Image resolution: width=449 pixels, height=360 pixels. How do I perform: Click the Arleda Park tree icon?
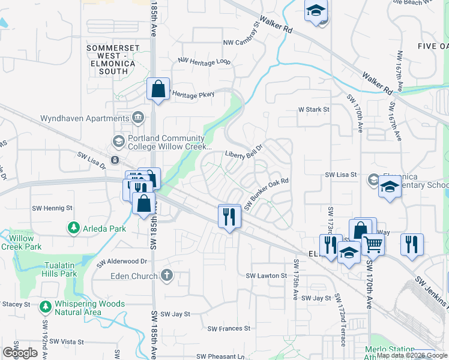pos(74,228)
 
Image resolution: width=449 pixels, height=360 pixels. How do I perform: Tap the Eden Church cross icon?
pos(167,275)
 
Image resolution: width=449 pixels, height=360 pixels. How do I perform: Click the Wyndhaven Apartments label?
pos(85,118)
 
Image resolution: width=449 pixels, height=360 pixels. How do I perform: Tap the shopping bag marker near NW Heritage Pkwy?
pos(158,89)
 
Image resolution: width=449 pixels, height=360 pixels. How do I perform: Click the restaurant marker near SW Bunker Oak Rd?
pos(229,217)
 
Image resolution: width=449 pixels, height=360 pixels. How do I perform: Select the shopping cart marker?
pos(373,244)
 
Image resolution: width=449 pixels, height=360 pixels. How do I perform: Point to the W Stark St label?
pos(314,110)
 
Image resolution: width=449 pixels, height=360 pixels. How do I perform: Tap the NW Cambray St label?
pos(240,36)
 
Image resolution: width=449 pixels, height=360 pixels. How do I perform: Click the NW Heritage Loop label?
pos(204,61)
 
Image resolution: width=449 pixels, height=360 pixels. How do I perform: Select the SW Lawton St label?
pos(267,275)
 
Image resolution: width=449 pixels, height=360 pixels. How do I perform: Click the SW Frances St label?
pos(229,328)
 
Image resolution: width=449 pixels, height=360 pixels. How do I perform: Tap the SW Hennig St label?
pos(52,208)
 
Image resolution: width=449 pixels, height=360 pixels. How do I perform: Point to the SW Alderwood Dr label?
pos(122,262)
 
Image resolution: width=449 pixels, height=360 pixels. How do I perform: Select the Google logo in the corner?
pos(20,352)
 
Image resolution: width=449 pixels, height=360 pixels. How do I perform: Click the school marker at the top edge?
pos(316,11)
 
